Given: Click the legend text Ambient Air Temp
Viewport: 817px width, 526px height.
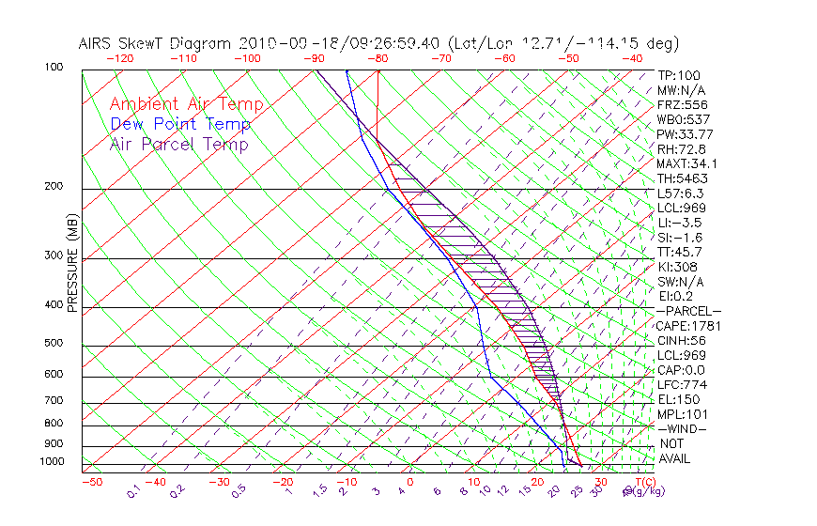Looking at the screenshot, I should point(186,104).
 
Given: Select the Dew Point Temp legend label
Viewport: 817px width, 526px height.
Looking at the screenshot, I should point(180,124).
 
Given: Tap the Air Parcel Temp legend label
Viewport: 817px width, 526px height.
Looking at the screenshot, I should point(178,144).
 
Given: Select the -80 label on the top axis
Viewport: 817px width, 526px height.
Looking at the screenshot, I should point(378,58).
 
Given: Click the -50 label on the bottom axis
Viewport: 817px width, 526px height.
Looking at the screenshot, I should point(91,483).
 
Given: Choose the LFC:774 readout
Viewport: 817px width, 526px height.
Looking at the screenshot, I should point(681,385).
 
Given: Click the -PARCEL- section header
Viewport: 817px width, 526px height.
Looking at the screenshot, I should point(688,311).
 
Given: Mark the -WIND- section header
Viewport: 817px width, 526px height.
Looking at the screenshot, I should point(682,429).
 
